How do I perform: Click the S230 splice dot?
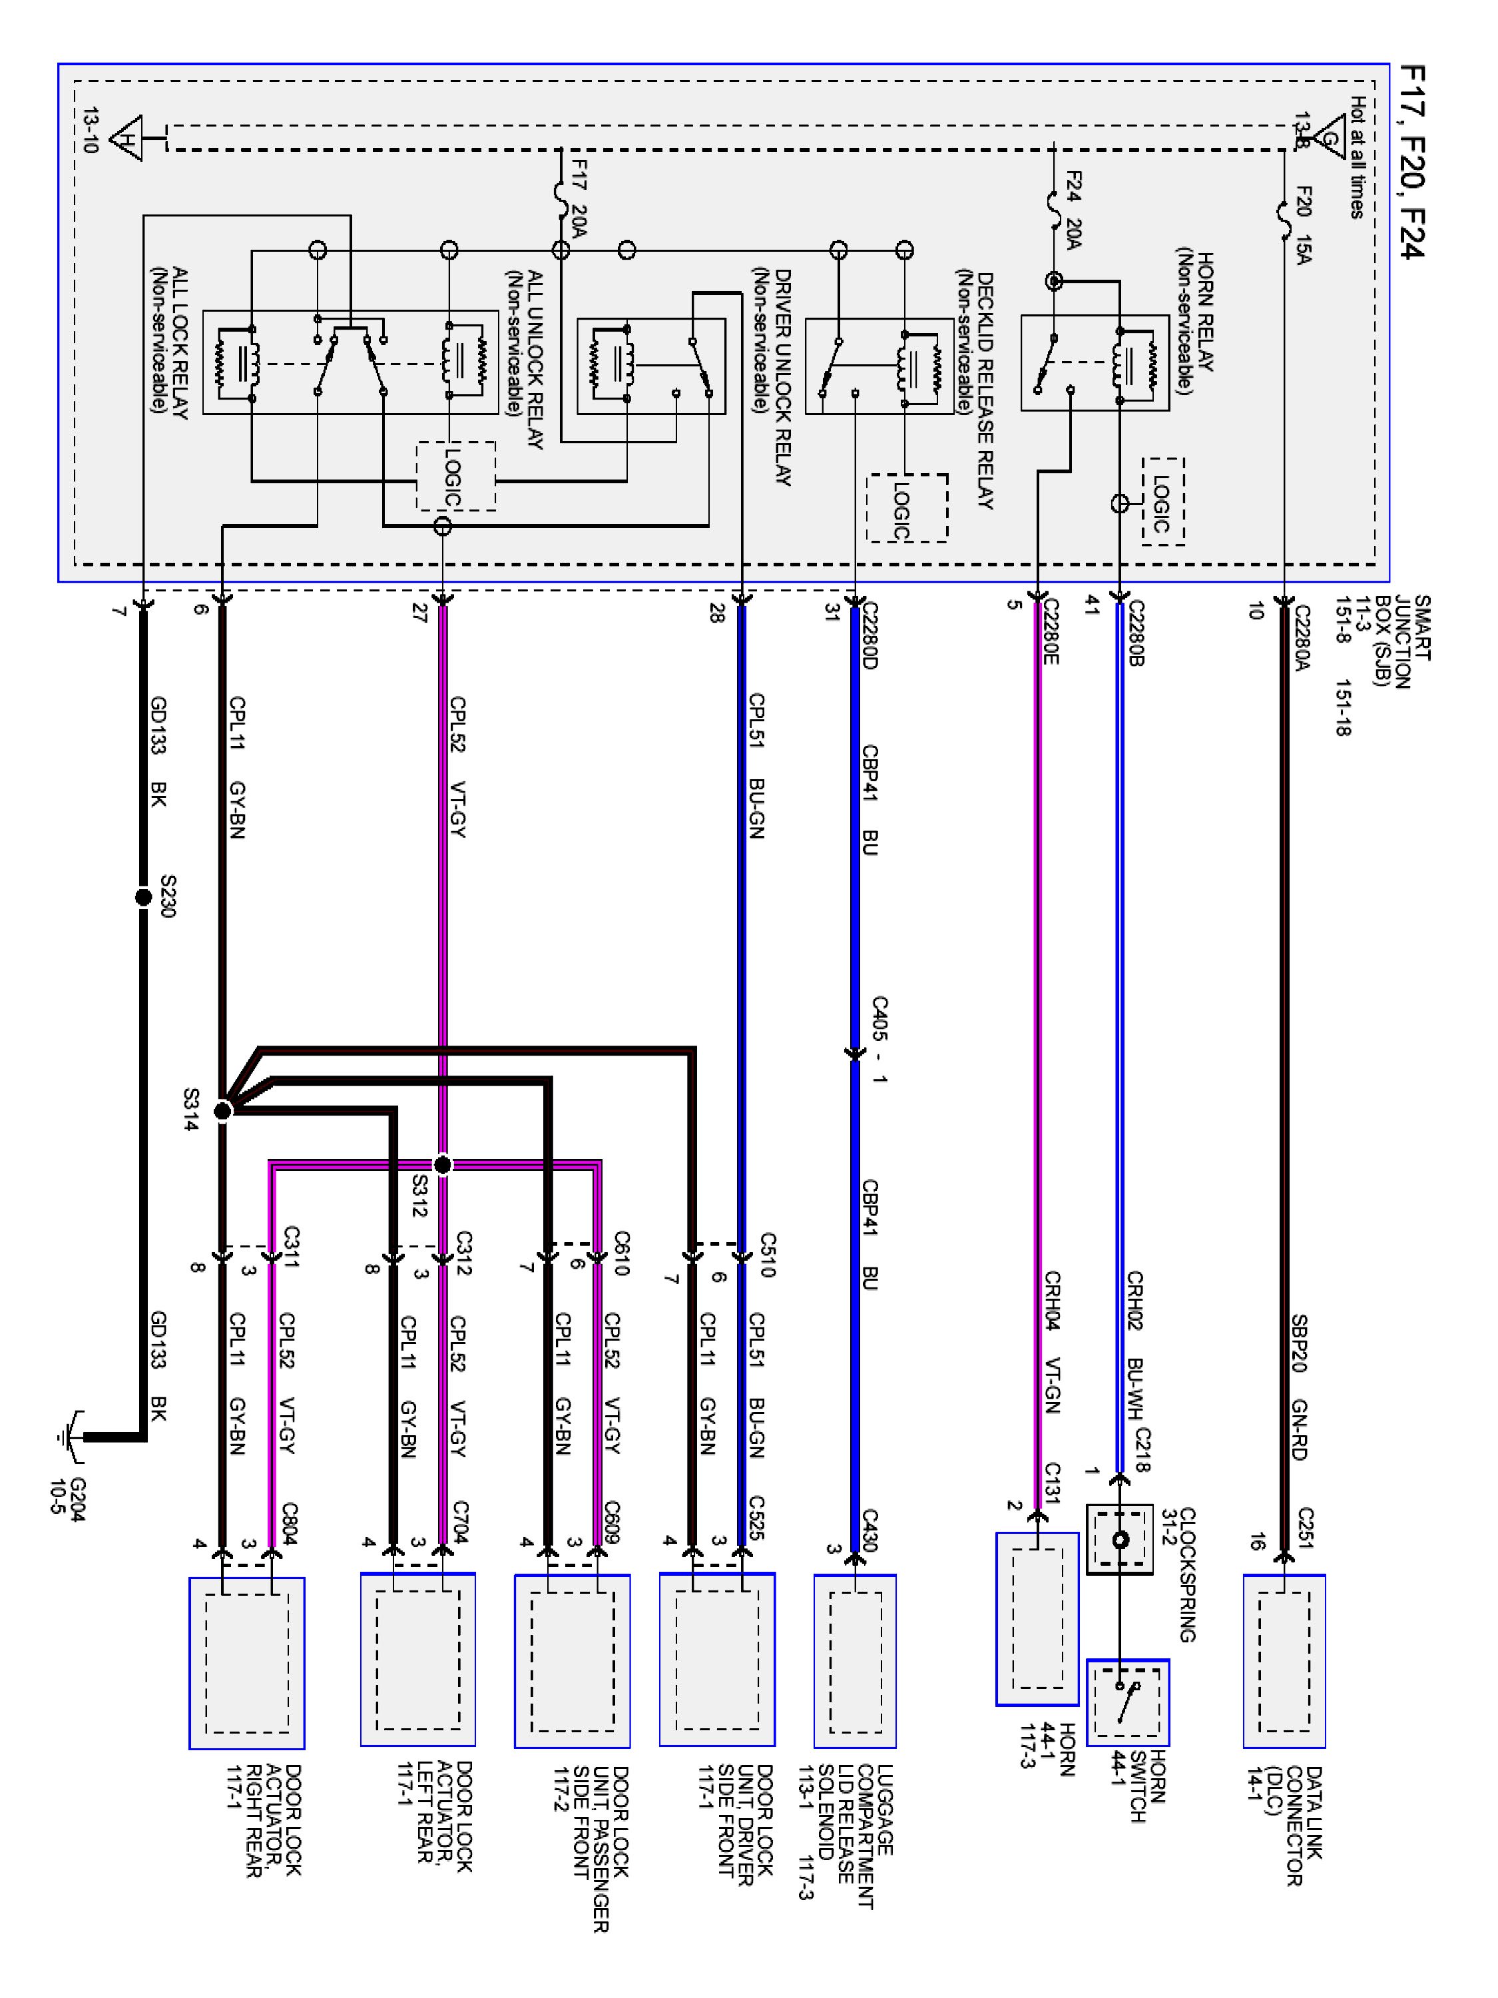[x=142, y=897]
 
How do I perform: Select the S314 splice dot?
[x=222, y=1110]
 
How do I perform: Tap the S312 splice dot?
[x=443, y=1165]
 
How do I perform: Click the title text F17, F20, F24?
[x=1410, y=163]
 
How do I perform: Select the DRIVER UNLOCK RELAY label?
[x=773, y=377]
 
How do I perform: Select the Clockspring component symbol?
[x=1120, y=1539]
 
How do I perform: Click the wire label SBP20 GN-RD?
[x=1298, y=1387]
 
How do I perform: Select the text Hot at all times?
[x=1357, y=157]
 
